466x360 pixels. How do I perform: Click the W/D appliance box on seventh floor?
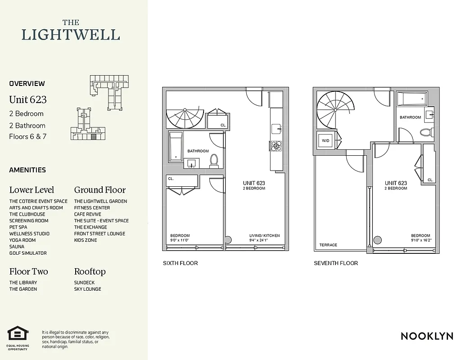(x=325, y=141)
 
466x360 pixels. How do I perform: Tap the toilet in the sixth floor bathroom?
(x=215, y=160)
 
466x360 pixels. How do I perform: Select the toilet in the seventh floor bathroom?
(x=425, y=132)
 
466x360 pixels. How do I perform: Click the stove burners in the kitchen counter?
(x=276, y=146)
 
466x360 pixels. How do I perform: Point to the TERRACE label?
(x=328, y=245)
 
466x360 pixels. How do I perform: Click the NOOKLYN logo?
(x=427, y=336)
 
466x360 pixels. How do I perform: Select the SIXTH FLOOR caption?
(x=180, y=263)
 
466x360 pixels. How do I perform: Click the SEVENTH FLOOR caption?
(x=336, y=263)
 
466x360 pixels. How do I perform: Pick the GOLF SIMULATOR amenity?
(x=28, y=253)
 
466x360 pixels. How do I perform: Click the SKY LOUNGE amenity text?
(x=87, y=289)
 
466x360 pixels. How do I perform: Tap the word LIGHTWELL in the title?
(x=71, y=35)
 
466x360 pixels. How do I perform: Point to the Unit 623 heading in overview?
(x=28, y=99)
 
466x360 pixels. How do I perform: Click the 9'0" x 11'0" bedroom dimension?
(x=180, y=240)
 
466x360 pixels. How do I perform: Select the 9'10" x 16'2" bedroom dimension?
(x=421, y=240)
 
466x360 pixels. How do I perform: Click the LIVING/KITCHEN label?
(x=264, y=236)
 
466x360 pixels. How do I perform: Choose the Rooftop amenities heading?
(x=90, y=272)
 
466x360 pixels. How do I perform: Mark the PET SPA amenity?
(x=18, y=227)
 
